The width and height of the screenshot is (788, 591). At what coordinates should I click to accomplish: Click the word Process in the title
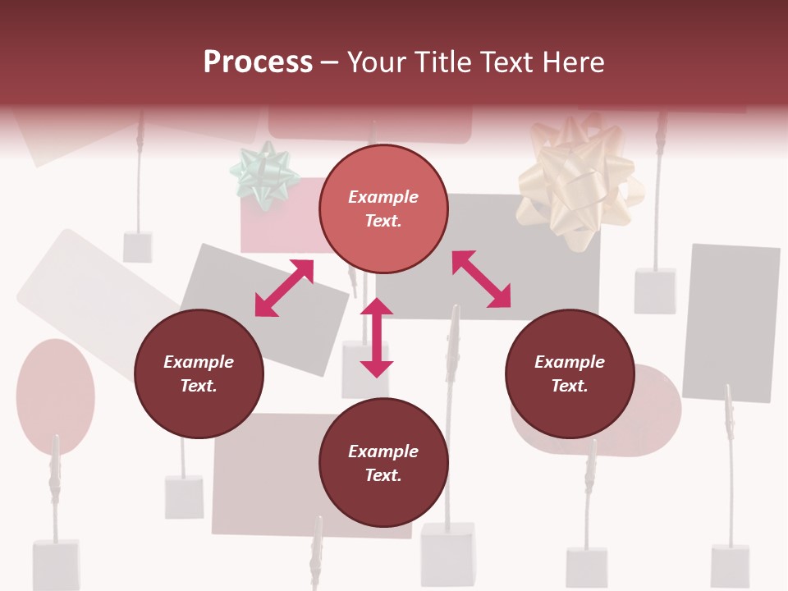click(x=258, y=62)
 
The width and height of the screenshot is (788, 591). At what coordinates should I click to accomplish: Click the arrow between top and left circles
click(x=284, y=287)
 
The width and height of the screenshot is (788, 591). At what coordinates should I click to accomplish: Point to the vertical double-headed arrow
click(x=377, y=337)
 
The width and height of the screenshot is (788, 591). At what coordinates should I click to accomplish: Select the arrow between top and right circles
click(x=481, y=279)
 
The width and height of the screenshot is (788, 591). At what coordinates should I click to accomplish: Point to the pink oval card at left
click(x=54, y=396)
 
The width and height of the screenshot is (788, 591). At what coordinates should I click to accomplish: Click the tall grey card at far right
click(x=731, y=322)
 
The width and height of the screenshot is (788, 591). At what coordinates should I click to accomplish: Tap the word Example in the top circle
click(x=383, y=197)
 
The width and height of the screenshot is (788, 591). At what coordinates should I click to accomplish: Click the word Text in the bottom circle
click(x=383, y=475)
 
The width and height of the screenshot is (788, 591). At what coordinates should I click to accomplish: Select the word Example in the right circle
click(x=570, y=362)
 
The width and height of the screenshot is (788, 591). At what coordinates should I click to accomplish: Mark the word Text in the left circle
click(x=199, y=386)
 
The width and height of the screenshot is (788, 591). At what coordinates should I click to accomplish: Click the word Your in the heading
click(x=377, y=62)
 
